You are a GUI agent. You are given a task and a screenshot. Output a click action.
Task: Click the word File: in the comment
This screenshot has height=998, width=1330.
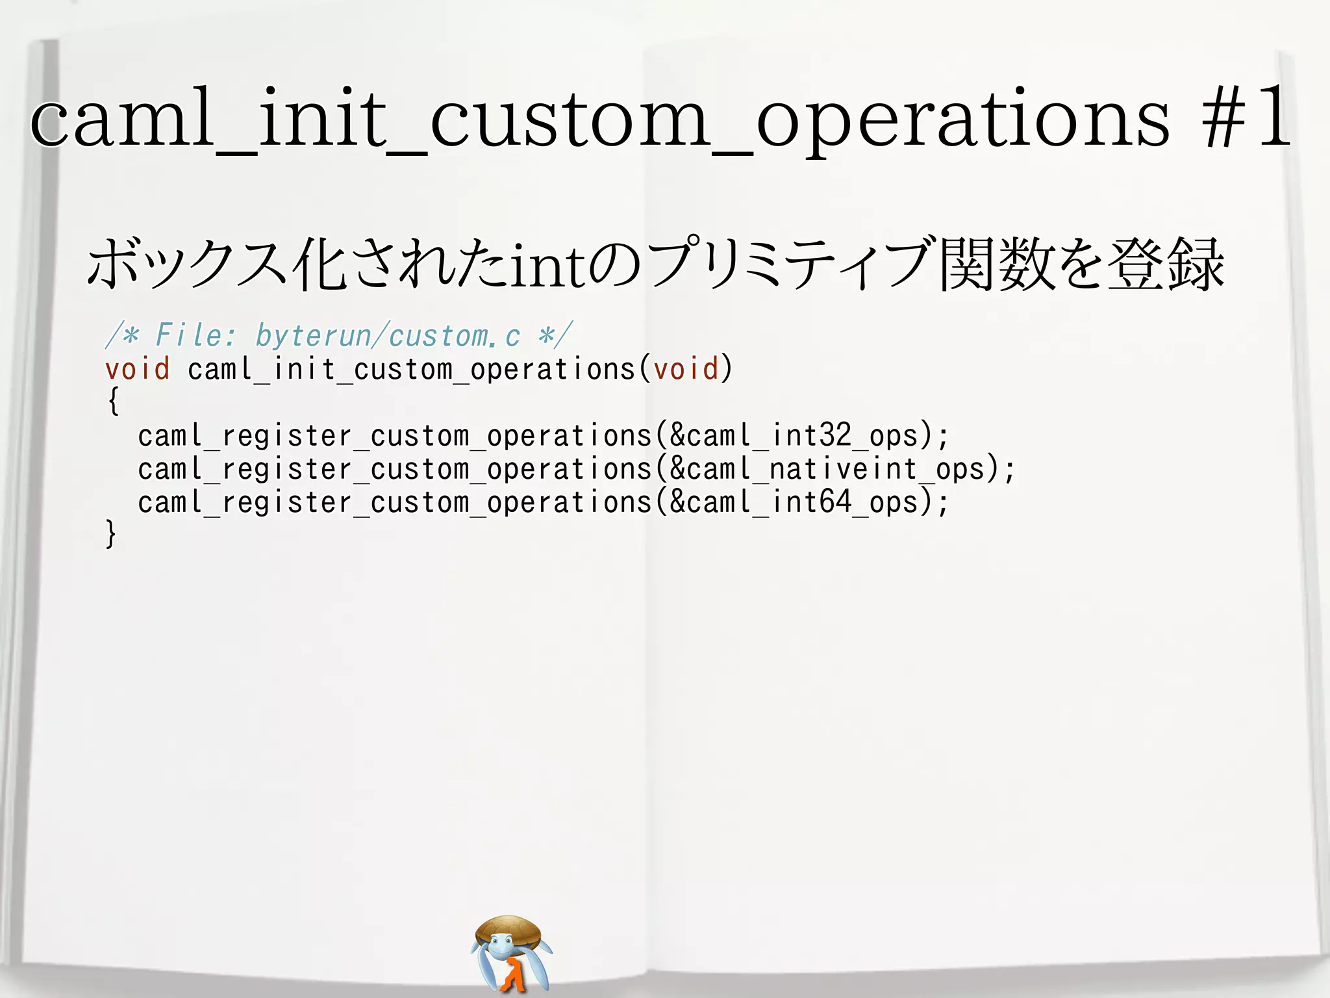click(197, 336)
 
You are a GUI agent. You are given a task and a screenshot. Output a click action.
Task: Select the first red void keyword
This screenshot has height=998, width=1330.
click(137, 369)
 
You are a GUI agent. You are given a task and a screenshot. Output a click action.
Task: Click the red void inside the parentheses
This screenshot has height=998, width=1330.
click(686, 369)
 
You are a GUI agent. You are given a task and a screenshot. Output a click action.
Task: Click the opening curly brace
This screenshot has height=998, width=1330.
click(113, 401)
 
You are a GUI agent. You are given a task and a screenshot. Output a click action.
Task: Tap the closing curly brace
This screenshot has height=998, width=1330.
click(111, 534)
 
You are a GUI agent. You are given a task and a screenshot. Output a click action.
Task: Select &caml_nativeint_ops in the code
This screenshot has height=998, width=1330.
click(827, 469)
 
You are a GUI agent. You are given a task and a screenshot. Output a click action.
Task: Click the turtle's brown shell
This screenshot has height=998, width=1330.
click(508, 929)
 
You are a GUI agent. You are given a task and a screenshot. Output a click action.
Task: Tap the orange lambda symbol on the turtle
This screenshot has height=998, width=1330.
click(513, 975)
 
